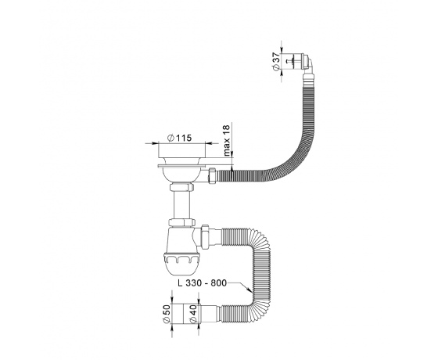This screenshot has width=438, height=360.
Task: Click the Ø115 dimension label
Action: pos(179,138)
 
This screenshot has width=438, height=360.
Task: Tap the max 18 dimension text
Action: pos(227,140)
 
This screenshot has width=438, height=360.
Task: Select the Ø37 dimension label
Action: pos(275,61)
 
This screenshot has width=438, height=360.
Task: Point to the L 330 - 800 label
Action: pos(203,283)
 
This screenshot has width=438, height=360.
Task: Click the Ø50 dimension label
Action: pos(166,314)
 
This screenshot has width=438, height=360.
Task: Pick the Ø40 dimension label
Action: pos(193,314)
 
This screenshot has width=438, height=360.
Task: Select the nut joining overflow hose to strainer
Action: pos(213,175)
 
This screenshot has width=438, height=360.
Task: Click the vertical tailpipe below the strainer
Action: pos(181,204)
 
